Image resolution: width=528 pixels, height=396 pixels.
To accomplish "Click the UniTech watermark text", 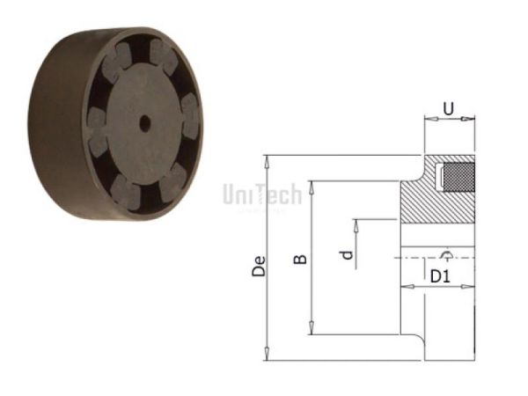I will coord(262,194).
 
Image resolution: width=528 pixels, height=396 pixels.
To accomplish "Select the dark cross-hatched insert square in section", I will coord(457,176).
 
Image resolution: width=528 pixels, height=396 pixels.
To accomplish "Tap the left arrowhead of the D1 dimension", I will coord(406,285).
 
